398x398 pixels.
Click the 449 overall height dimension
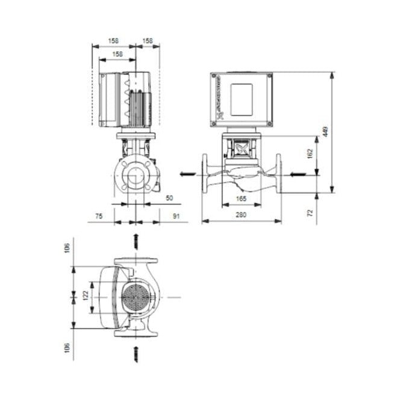point(326,132)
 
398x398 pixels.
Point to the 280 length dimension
point(241,215)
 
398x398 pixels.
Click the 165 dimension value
point(241,198)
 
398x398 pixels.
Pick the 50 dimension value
point(169,197)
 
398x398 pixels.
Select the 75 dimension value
point(98,214)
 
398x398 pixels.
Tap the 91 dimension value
point(175,214)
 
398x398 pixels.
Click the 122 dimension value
point(86,296)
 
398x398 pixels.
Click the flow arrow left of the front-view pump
point(188,175)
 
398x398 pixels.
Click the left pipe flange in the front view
point(205,175)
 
